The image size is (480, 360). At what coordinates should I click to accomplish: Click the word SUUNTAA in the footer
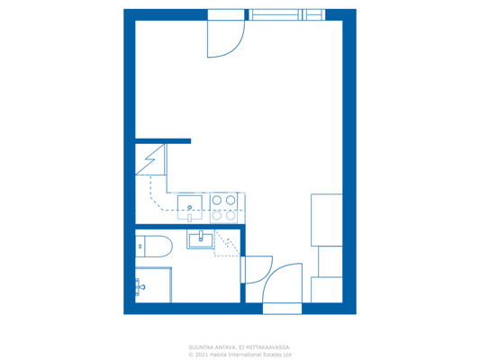click(199, 346)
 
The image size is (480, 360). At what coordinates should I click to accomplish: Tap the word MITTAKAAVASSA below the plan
click(267, 346)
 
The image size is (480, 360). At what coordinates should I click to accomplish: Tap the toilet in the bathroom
click(152, 245)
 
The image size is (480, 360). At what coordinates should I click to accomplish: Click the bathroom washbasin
click(200, 238)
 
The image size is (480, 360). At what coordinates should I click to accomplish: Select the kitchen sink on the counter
click(190, 208)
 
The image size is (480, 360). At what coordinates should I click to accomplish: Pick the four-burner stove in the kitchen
click(224, 208)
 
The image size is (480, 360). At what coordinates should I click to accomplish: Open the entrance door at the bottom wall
click(282, 288)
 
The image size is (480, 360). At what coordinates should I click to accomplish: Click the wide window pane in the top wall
click(275, 14)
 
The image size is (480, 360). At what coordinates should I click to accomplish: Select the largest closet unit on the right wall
click(326, 220)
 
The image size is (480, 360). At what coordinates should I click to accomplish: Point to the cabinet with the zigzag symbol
click(149, 159)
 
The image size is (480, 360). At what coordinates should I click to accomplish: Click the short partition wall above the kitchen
click(163, 141)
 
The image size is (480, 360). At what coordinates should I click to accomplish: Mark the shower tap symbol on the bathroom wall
click(140, 288)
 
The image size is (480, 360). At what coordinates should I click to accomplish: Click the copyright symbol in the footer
click(191, 355)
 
